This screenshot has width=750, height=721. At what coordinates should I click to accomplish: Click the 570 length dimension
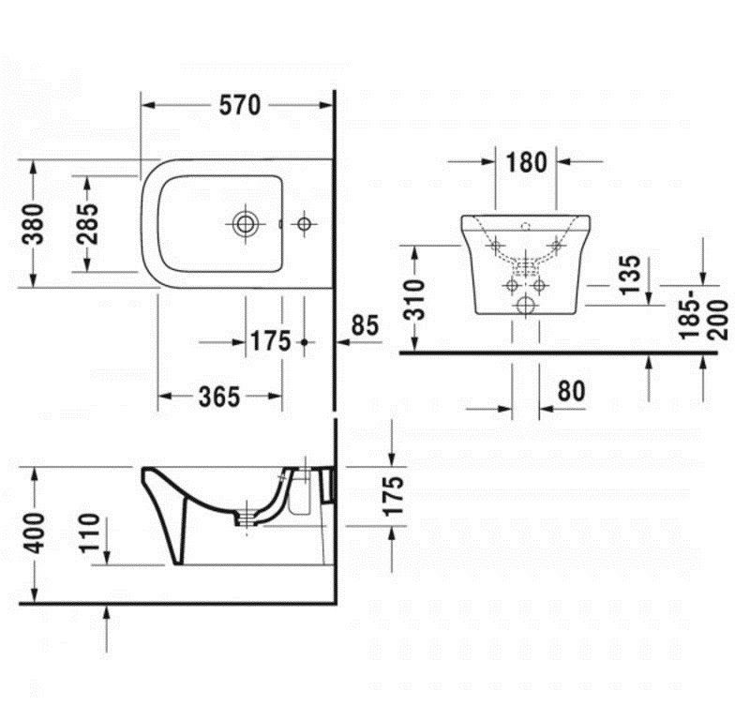click(240, 105)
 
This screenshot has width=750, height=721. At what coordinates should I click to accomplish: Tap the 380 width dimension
click(33, 224)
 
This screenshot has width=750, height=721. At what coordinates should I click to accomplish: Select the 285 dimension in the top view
click(87, 224)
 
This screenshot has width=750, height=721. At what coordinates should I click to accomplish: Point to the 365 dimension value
click(219, 397)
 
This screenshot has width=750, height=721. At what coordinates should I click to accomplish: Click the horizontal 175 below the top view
click(270, 341)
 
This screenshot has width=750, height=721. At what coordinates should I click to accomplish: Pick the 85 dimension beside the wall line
click(365, 325)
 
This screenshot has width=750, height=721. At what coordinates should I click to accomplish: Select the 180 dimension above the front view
click(526, 162)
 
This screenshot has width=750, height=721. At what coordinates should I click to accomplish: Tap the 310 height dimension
click(413, 300)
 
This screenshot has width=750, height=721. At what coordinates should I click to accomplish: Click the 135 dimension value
click(629, 274)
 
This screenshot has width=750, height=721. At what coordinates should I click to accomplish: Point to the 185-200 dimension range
click(704, 320)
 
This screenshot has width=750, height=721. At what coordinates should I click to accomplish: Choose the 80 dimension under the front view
click(571, 391)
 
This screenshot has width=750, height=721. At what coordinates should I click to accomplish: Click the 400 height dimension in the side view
click(34, 533)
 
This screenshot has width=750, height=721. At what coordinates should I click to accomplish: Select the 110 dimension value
click(89, 533)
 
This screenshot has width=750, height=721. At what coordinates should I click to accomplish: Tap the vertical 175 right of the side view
click(394, 496)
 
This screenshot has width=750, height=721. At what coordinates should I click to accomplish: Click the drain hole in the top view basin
click(246, 224)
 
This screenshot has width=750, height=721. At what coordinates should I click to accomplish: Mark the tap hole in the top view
click(304, 223)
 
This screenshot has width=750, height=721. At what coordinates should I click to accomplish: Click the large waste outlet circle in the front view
click(526, 305)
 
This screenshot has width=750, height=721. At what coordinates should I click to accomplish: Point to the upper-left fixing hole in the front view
click(496, 246)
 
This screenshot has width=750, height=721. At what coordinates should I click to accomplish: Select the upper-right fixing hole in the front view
click(556, 246)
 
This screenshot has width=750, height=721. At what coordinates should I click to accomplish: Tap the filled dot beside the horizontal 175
click(304, 342)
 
